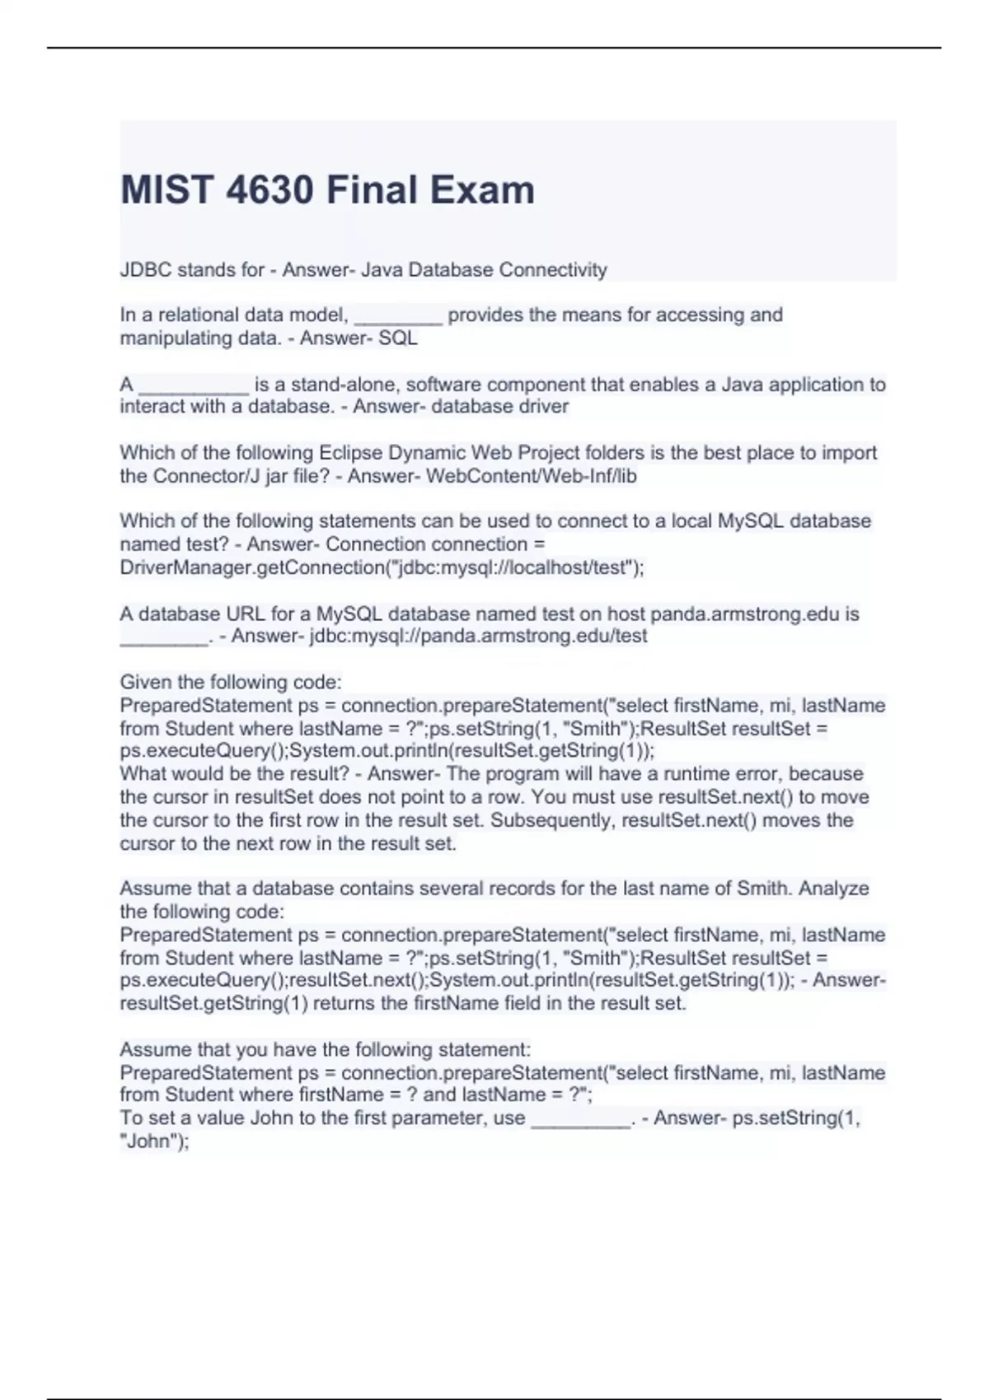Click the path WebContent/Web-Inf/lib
pyautogui.click(x=531, y=476)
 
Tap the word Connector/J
pyautogui.click(x=206, y=476)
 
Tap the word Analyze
pyautogui.click(x=833, y=889)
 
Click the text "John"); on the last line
pyautogui.click(x=155, y=1141)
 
